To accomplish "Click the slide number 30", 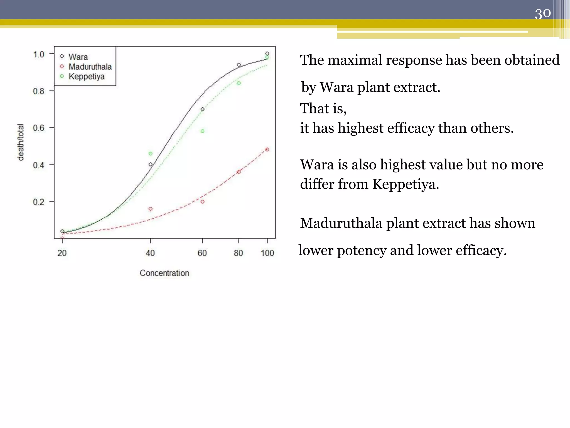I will coord(542,13).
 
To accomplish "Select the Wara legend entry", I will coord(78,57).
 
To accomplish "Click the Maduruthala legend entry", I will coord(90,67).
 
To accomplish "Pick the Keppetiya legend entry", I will coord(86,76).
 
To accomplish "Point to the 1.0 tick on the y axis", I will coord(39,54).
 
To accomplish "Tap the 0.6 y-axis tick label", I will coord(39,128).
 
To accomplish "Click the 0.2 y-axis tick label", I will coord(39,202).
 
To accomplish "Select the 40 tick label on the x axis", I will coord(150,253).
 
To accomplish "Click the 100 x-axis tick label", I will coord(267,253).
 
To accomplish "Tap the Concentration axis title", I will coord(164,273).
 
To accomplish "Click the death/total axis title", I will coord(21,142).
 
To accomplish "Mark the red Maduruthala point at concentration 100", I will coord(267,150).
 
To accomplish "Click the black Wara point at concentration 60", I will coord(202,109).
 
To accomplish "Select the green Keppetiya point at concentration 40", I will coord(151,154).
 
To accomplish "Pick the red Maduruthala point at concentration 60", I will coord(202,201).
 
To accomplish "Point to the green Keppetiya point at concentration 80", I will coord(239,83).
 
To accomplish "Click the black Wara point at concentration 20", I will coord(62,231).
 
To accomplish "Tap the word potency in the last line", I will coord(362,250).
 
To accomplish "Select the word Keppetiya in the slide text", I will coord(405,184).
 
